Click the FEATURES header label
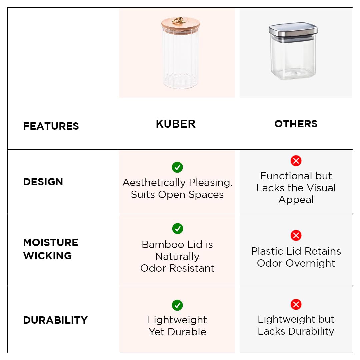tap(51, 126)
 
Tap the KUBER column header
tap(176, 124)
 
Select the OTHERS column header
tap(296, 124)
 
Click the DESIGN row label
tap(43, 182)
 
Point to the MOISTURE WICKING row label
tap(51, 249)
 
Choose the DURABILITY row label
tap(55, 320)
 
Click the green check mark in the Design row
tap(177, 167)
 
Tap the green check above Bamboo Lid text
tap(177, 228)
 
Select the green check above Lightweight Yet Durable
tap(177, 305)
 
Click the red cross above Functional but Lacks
tap(296, 161)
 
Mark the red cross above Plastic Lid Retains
tap(296, 235)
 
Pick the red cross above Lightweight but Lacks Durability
tap(296, 304)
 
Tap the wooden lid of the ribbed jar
tap(181, 26)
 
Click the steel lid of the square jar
tap(293, 31)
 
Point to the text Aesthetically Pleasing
tap(177, 183)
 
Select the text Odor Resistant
tap(177, 268)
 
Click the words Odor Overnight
tap(296, 263)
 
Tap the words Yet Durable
tap(177, 332)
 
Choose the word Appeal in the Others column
tap(296, 200)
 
